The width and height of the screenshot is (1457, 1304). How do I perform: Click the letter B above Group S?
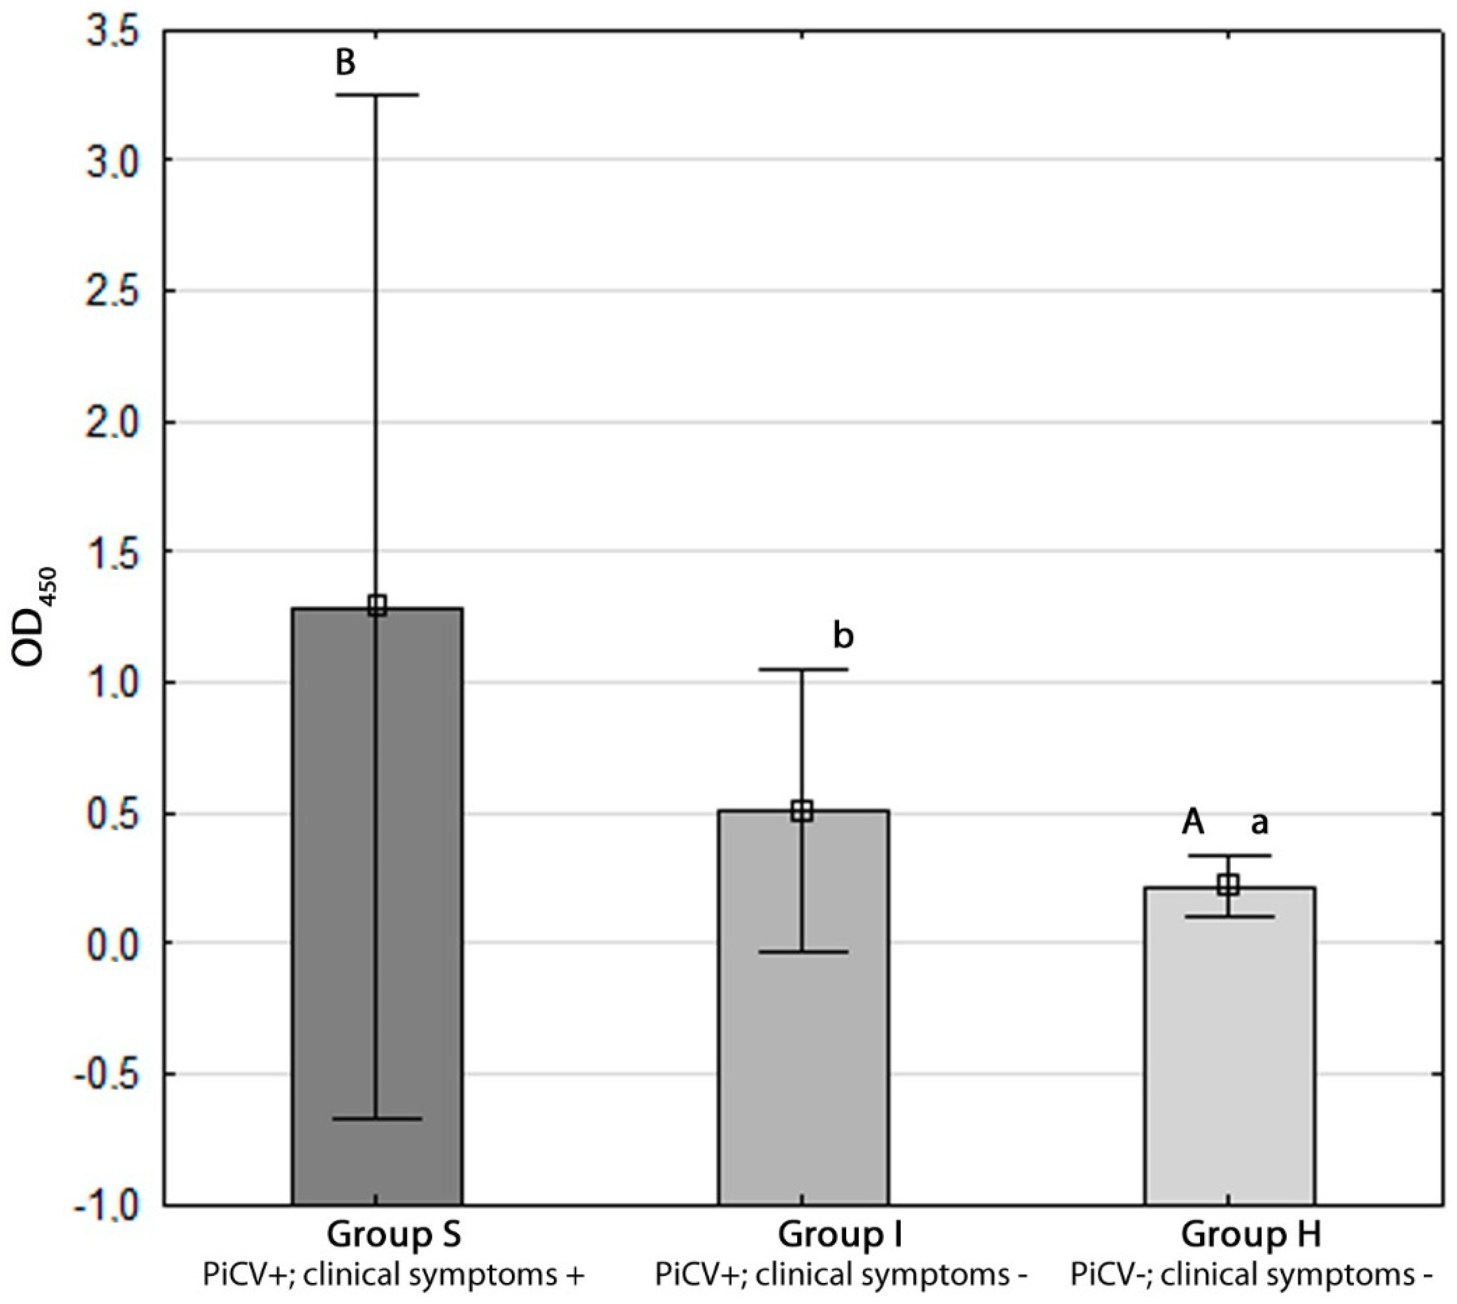coord(345,63)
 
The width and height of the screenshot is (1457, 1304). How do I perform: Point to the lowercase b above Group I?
coord(843,635)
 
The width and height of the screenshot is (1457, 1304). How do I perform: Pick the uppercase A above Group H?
coord(1193,823)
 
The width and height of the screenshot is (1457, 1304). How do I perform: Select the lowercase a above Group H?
coord(1259,824)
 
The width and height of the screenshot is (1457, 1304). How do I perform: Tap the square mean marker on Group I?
coord(802,812)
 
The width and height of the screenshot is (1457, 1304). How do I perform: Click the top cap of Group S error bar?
coord(377,94)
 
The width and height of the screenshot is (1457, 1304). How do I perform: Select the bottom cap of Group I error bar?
coord(803,952)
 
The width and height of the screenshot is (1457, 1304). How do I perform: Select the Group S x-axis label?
coord(394,1235)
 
